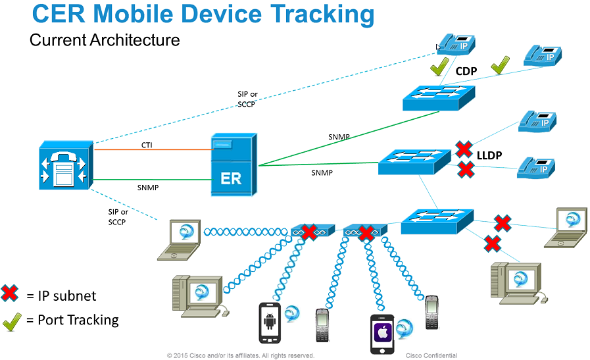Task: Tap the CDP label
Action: coord(466,71)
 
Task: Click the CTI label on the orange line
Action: coord(146,145)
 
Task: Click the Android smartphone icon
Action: coord(270,322)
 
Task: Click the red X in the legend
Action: coord(10,294)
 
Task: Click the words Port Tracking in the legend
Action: coord(78,321)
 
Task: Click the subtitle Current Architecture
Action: coord(105,40)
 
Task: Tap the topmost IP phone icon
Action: coord(456,43)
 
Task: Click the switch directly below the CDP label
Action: coord(430,97)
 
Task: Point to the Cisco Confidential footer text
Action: coord(431,355)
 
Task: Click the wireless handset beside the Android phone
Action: coord(322,324)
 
